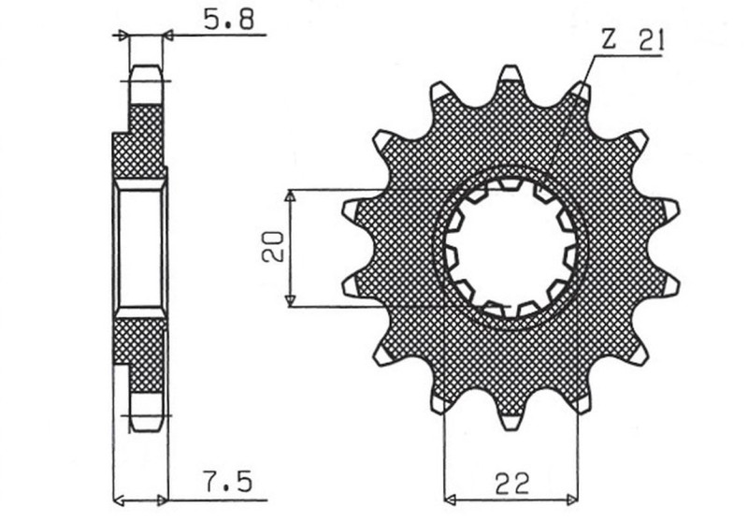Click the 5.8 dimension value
coord(228,19)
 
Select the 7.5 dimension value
coord(228,484)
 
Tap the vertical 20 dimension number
coord(272,248)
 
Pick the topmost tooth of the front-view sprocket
coord(511,75)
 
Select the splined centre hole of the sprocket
coord(511,247)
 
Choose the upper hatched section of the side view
coord(140,145)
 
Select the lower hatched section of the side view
coord(140,351)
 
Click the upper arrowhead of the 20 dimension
coord(290,196)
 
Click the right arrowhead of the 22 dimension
coord(572,497)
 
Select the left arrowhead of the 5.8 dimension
coord(122,36)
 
